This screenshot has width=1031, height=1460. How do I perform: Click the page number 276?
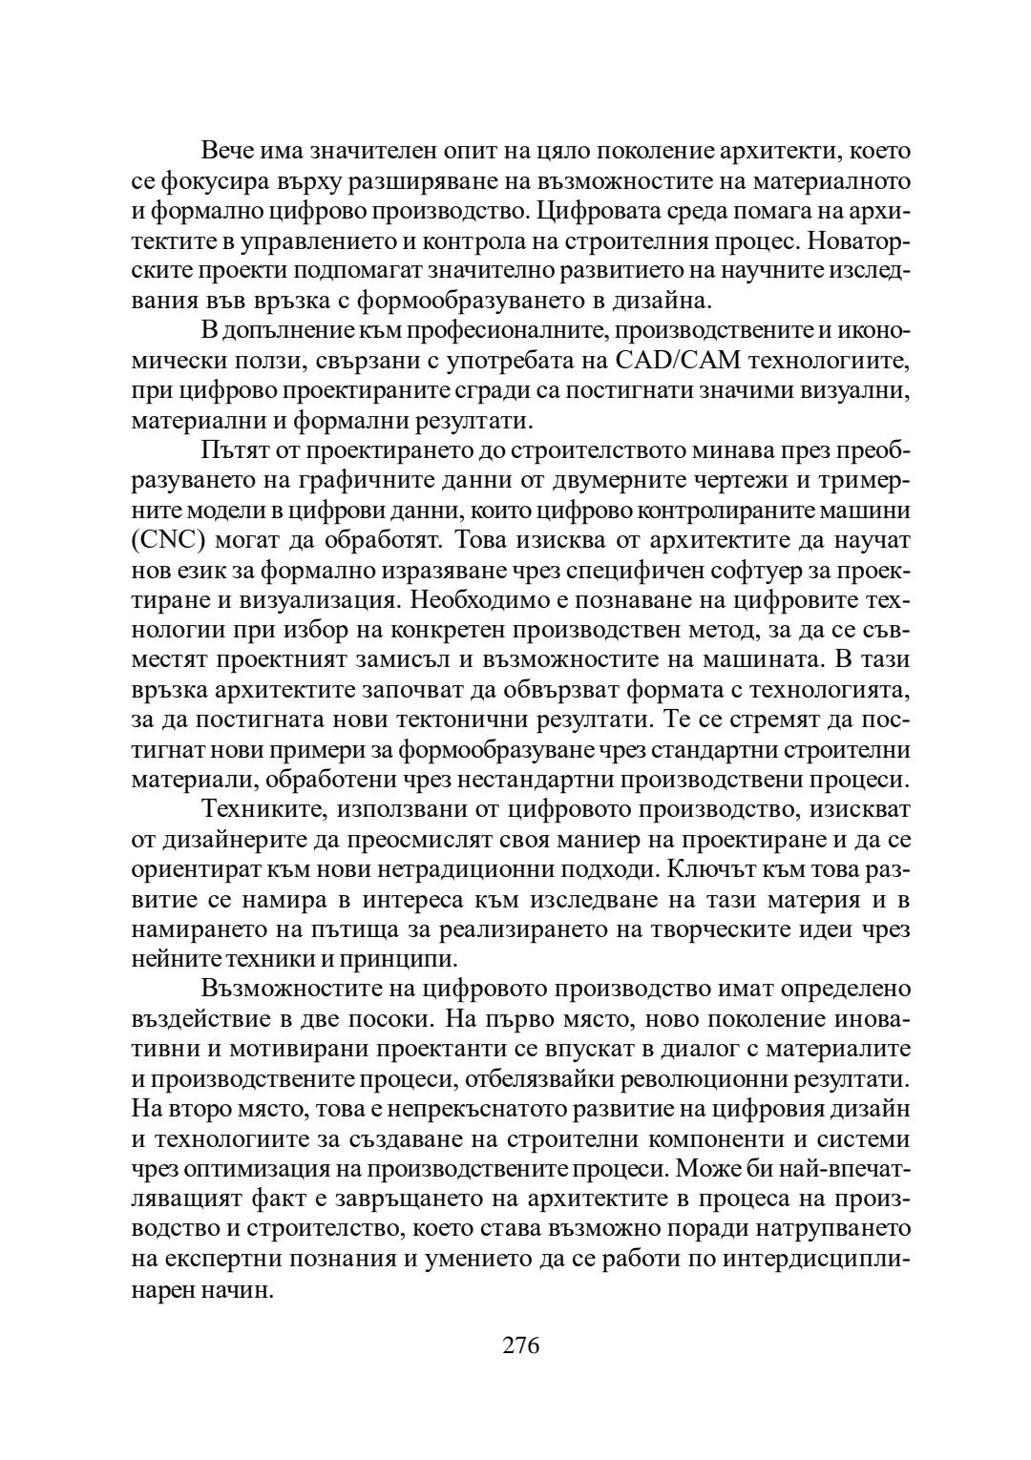point(520,1345)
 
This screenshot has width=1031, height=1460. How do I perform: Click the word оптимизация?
point(246,1168)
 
